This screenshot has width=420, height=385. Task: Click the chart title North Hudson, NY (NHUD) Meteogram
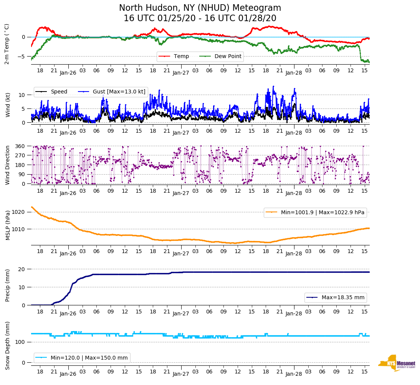[x=200, y=8]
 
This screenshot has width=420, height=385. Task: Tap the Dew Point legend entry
[x=228, y=57]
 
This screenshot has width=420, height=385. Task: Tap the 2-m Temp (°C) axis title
[x=7, y=44]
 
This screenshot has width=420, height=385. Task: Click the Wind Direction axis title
[x=7, y=165]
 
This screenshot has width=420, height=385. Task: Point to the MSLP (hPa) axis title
[x=7, y=225]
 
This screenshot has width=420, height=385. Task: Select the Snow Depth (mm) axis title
[x=7, y=345]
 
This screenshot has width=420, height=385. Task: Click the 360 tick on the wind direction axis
[x=20, y=146]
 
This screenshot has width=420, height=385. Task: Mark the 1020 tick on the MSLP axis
[x=18, y=212]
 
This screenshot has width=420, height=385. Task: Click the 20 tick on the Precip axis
[x=22, y=269]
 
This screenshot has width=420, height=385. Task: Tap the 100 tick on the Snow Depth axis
[x=20, y=342]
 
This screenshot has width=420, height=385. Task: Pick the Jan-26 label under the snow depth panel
[x=68, y=374]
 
